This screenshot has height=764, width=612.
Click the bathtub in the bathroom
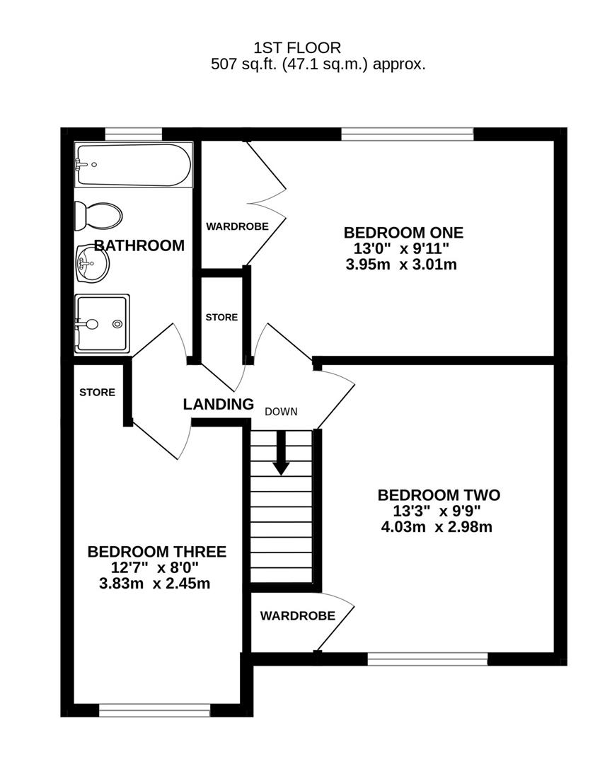(x=133, y=166)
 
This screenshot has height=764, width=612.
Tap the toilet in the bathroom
(x=98, y=215)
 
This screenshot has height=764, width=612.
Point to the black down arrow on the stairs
(x=282, y=453)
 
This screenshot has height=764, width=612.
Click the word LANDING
(x=218, y=405)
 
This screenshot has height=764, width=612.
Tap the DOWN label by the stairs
(x=282, y=411)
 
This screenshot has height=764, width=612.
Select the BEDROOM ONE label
(x=403, y=232)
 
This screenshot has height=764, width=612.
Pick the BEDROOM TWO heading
(x=439, y=494)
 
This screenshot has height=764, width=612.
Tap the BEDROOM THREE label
(x=156, y=551)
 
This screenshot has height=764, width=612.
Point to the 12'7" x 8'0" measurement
(x=156, y=568)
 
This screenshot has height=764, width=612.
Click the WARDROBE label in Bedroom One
(x=237, y=226)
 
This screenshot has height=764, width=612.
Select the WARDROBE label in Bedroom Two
(x=297, y=615)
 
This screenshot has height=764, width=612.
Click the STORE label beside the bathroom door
(x=221, y=318)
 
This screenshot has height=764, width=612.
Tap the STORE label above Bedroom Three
(x=97, y=392)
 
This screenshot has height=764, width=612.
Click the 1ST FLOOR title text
(x=297, y=47)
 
